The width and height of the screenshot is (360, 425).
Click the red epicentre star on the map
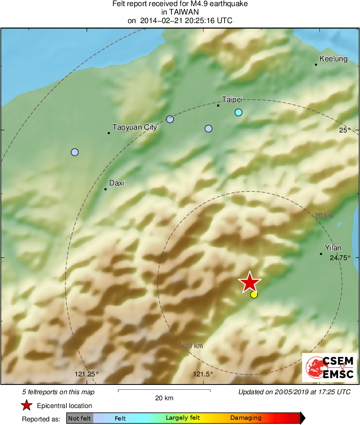tap(249, 282)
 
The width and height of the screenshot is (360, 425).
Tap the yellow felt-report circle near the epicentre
tap(254, 295)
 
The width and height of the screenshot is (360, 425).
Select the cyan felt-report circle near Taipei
tap(238, 112)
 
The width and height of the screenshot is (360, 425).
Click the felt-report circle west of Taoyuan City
tap(75, 152)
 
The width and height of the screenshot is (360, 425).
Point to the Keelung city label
tap(333, 59)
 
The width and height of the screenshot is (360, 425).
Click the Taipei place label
tap(232, 99)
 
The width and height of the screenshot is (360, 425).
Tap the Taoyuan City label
tap(135, 127)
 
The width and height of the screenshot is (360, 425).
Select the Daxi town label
tap(117, 183)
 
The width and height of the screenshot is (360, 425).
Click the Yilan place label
tap(333, 248)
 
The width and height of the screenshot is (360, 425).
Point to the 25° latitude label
tap(345, 130)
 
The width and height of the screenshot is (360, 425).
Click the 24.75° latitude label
tap(340, 258)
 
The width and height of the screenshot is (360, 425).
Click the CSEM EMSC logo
tap(329, 367)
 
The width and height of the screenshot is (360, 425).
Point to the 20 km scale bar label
tap(164, 398)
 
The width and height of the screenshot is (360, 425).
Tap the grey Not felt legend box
tap(80, 418)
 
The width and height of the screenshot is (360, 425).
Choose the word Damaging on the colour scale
tap(246, 418)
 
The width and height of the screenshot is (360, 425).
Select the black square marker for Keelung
tap(316, 64)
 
